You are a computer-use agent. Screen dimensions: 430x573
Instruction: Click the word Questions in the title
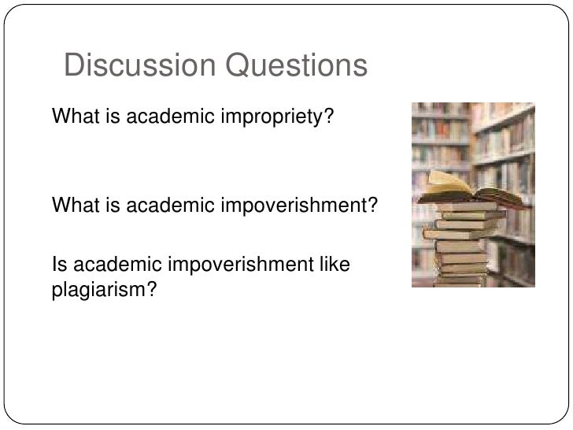pyautogui.click(x=296, y=67)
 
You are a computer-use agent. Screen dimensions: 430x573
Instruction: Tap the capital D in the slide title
pyautogui.click(x=73, y=67)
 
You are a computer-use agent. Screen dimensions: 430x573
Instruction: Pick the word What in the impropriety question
pyautogui.click(x=71, y=117)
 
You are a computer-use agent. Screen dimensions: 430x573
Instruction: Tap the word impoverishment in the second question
pyautogui.click(x=290, y=206)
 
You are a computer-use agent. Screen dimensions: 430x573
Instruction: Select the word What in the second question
pyautogui.click(x=71, y=206)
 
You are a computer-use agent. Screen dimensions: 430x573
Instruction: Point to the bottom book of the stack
pyautogui.click(x=461, y=280)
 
